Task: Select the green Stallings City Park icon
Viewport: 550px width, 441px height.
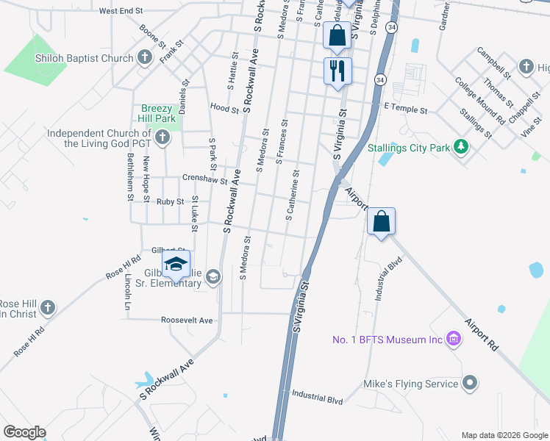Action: point(461,148)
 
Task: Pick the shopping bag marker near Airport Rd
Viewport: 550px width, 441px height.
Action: point(381,221)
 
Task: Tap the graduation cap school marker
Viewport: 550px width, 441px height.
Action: point(176,265)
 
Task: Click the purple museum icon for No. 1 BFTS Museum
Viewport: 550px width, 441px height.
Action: point(454,339)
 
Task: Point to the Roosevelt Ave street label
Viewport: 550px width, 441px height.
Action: point(187,320)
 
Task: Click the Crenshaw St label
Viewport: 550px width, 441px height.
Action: point(204,178)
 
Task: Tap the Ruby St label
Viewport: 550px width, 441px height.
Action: point(169,201)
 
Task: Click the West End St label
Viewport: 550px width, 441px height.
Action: point(120,11)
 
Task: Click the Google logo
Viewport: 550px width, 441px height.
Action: point(24,431)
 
